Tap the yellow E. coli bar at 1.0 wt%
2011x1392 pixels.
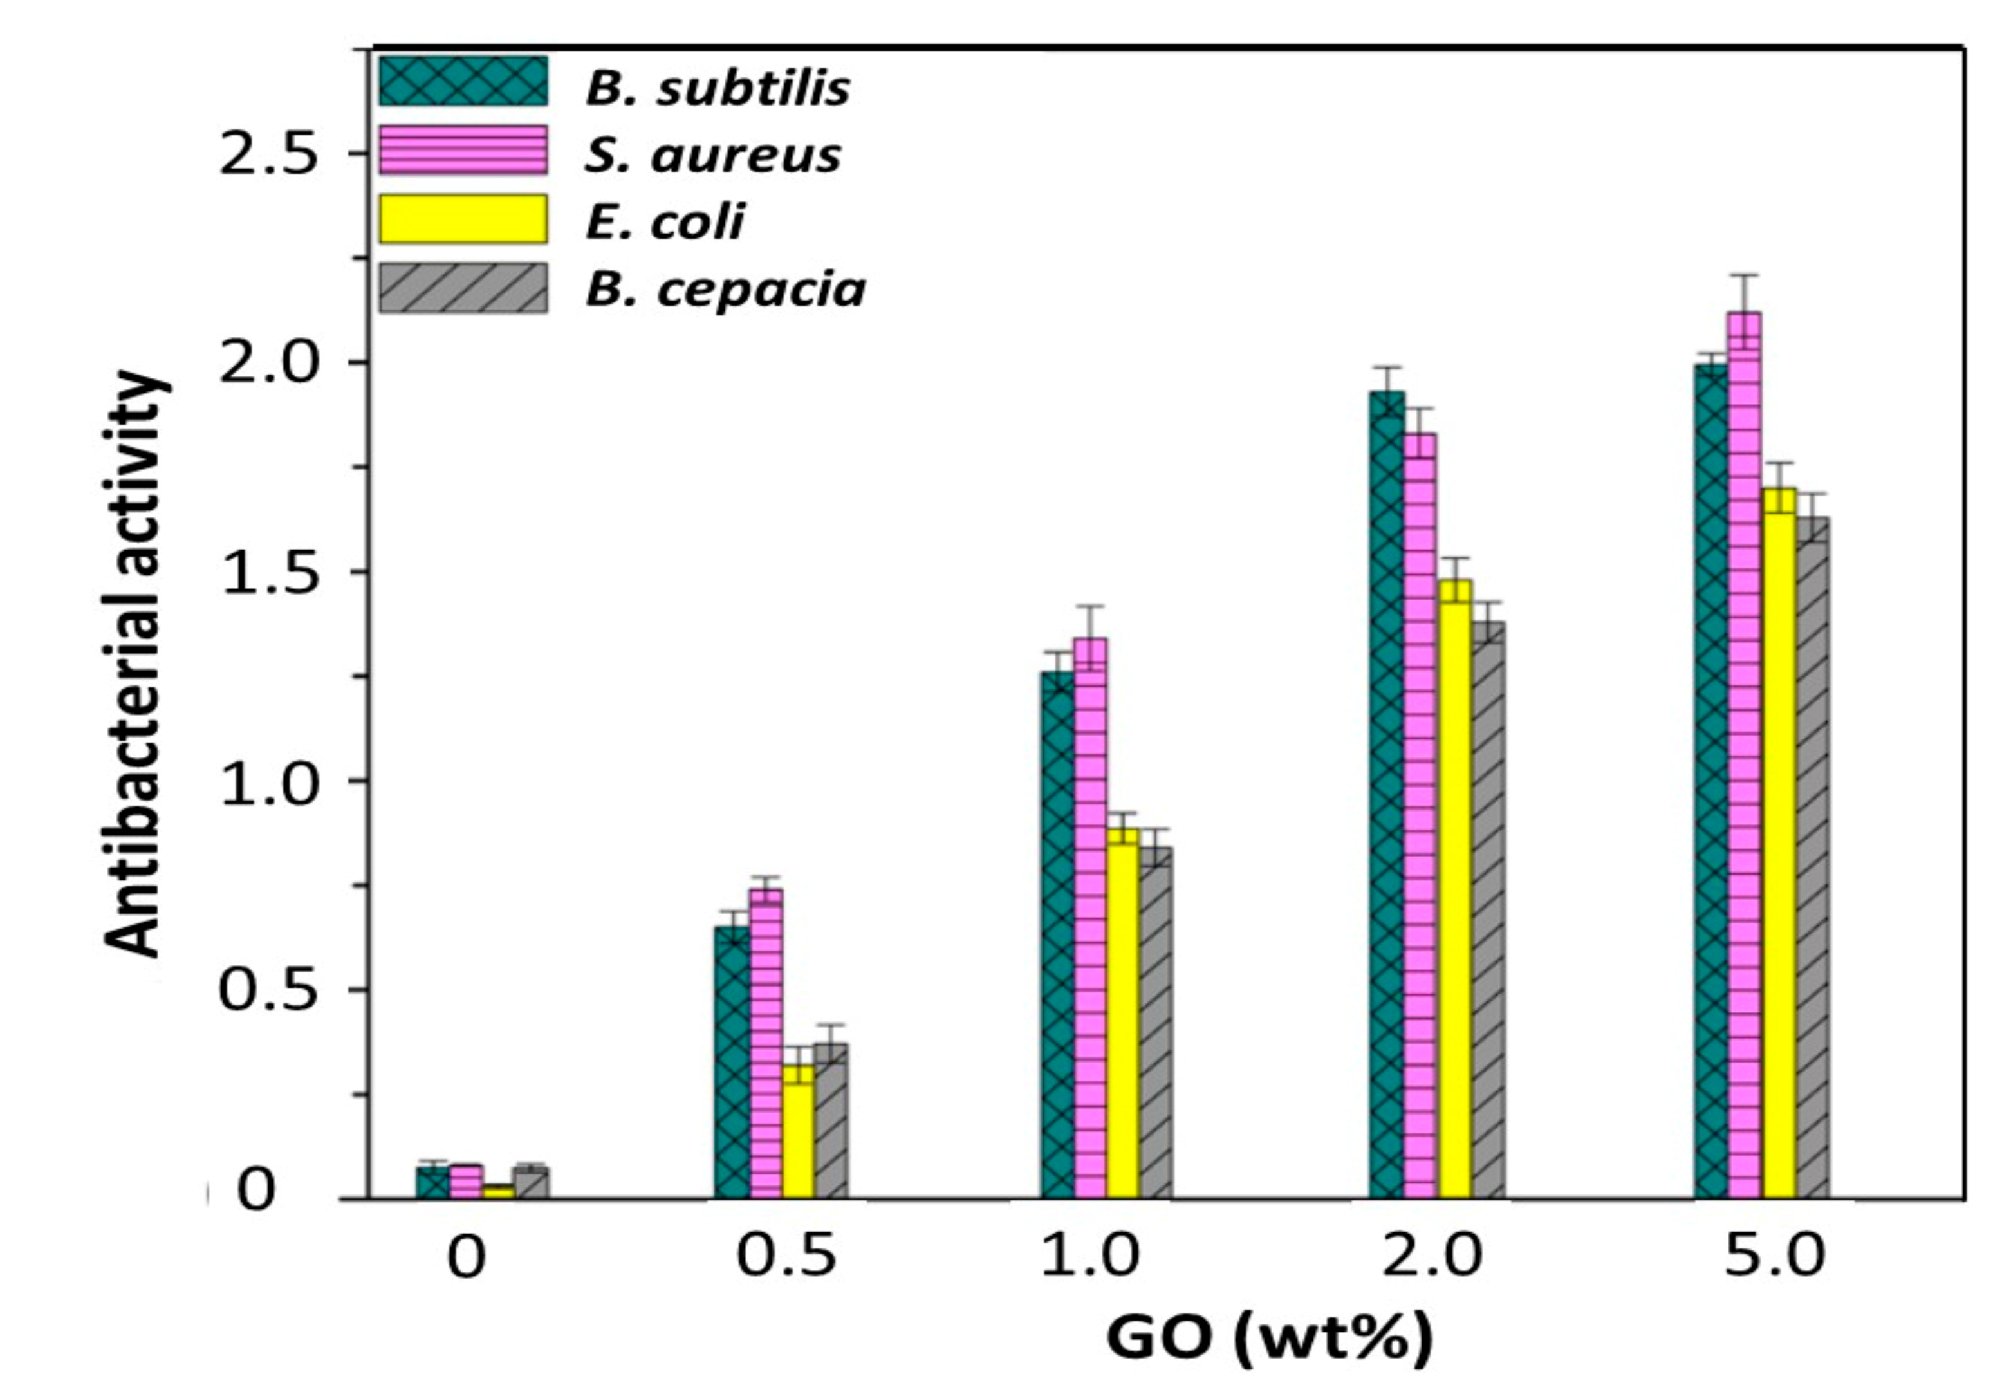point(1122,1012)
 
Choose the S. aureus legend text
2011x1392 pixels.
point(712,155)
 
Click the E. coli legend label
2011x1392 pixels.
point(665,221)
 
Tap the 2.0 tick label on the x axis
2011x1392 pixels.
point(1432,1257)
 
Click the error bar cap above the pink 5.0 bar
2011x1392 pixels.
point(1744,275)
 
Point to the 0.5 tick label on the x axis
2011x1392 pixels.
point(786,1257)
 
